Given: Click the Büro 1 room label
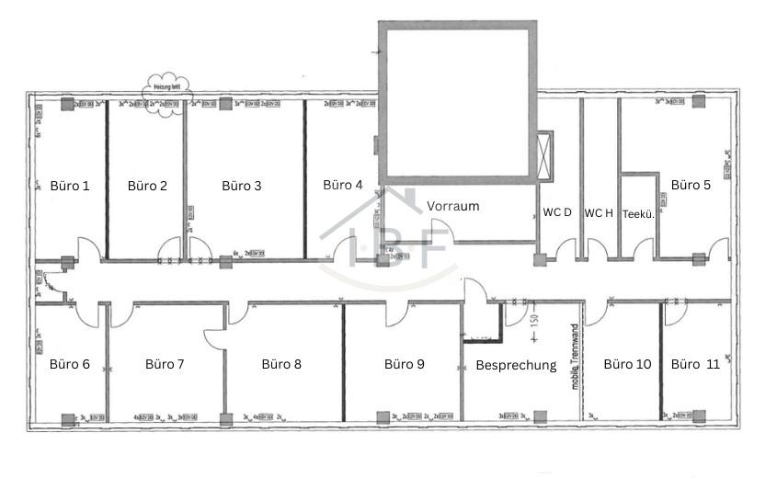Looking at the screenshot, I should click(x=70, y=186).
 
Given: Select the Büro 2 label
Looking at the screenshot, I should click(x=147, y=186).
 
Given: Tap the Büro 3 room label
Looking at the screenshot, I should click(x=242, y=186).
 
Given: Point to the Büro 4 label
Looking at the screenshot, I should click(x=343, y=185).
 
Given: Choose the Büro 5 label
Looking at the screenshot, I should click(x=691, y=185).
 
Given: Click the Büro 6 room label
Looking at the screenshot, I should click(x=70, y=364).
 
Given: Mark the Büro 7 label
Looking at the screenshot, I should click(x=165, y=364).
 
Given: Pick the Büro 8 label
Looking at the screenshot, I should click(x=281, y=364).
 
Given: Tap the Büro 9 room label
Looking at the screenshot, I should click(x=404, y=364).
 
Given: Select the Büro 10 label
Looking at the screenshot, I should click(x=627, y=364).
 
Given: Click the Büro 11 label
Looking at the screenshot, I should click(x=695, y=364).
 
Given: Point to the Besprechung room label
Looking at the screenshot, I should click(x=516, y=365).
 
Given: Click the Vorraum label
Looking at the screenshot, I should click(x=453, y=206).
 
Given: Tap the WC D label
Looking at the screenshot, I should click(x=557, y=212).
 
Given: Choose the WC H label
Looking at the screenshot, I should click(x=599, y=212).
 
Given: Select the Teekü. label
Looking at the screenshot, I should click(x=637, y=213).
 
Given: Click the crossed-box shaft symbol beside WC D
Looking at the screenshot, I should click(x=544, y=156).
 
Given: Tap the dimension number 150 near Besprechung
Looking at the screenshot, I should click(x=532, y=323).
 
